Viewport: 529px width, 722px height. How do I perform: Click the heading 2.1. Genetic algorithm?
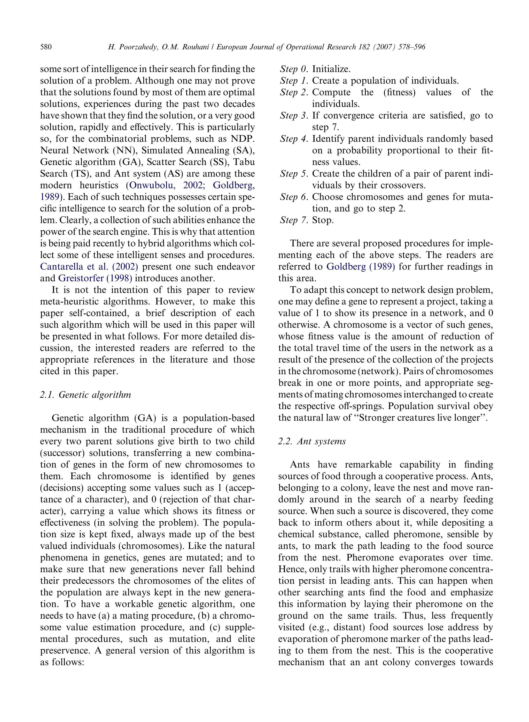[x=85, y=395]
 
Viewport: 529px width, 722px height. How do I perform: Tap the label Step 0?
[x=294, y=69]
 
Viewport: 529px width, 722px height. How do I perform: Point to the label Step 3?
[x=294, y=115]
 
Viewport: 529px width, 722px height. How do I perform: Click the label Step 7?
[x=294, y=220]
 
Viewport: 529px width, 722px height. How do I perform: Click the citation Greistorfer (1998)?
[x=95, y=278]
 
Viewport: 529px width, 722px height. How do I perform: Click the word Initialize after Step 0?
[x=331, y=69]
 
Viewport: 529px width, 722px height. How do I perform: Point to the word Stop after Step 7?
[x=323, y=220]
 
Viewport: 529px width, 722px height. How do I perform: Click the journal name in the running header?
[x=286, y=47]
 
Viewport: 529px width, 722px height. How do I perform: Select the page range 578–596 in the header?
[x=411, y=47]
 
